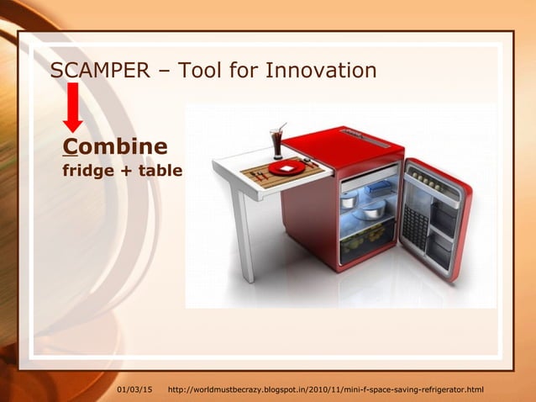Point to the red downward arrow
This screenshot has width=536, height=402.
tap(73, 106)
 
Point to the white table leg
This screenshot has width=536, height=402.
tap(244, 235)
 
